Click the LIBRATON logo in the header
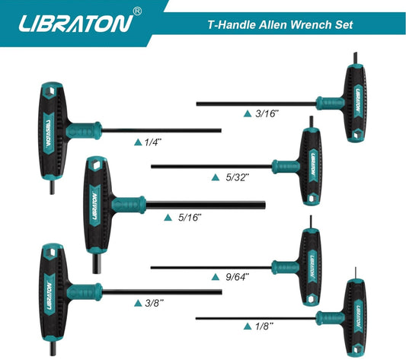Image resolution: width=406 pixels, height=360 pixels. [75, 24]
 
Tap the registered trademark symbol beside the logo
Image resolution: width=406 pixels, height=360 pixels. [137, 11]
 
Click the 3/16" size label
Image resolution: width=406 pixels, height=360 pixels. [267, 113]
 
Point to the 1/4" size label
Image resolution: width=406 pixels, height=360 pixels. [153, 142]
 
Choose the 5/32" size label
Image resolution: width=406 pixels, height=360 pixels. [237, 177]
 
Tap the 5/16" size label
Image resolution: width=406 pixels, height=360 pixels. [190, 218]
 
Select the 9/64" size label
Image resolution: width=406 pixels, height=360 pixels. [237, 277]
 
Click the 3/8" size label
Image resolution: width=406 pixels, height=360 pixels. [155, 303]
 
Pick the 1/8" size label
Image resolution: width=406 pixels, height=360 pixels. [264, 327]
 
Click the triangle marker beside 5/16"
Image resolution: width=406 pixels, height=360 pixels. [168, 218]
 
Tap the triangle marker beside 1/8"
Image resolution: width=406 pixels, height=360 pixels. [248, 327]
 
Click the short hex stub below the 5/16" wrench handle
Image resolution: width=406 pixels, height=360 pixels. [97, 263]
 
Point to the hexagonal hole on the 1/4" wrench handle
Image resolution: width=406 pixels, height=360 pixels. [52, 91]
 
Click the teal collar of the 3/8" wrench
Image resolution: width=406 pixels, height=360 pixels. [85, 292]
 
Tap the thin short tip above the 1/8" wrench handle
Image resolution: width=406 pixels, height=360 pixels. [356, 273]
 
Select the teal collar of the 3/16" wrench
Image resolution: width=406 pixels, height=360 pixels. [331, 104]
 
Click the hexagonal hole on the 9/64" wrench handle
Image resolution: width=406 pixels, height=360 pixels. [311, 299]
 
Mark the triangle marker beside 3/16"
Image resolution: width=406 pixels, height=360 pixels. [248, 113]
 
